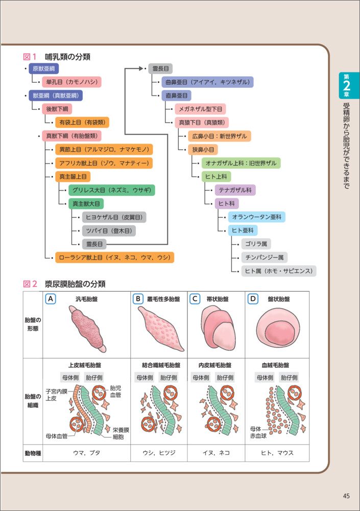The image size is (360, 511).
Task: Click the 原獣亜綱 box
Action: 44,68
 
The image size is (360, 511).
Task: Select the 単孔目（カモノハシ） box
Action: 71,82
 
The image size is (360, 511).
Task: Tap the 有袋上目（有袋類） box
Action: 82,122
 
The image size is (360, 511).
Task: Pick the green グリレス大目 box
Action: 111,190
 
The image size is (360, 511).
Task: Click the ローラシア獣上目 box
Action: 115,258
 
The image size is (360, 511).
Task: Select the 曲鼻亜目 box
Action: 206,82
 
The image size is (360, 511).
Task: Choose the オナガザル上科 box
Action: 241,163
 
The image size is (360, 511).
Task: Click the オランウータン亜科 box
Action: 255,217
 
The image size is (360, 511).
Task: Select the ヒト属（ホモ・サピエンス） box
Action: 279,271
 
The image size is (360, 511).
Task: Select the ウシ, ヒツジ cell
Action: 159,453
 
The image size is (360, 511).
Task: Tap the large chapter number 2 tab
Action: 347,87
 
